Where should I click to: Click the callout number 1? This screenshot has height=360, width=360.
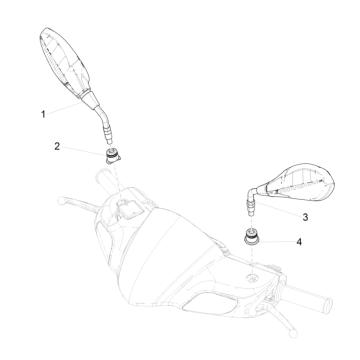pyautogui.click(x=43, y=115)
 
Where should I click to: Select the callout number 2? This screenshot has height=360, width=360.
pyautogui.click(x=57, y=146)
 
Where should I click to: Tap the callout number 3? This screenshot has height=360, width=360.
pyautogui.click(x=305, y=217)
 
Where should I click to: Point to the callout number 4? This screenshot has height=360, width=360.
pyautogui.click(x=299, y=242)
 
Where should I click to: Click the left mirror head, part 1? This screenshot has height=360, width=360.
pyautogui.click(x=64, y=61)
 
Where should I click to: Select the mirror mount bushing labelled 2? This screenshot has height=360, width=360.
pyautogui.click(x=114, y=156)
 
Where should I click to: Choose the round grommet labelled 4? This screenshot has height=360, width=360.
pyautogui.click(x=251, y=236)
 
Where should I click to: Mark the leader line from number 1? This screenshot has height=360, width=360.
pyautogui.click(x=64, y=108)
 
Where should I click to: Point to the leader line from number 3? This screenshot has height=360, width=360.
pyautogui.click(x=279, y=208)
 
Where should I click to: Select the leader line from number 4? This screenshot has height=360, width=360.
pyautogui.click(x=276, y=241)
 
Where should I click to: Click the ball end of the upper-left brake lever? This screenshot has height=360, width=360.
pyautogui.click(x=61, y=201)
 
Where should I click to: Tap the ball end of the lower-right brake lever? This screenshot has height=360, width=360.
pyautogui.click(x=293, y=333)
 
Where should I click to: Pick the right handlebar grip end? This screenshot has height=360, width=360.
pyautogui.click(x=328, y=304)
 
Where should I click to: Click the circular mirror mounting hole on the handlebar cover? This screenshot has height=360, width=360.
pyautogui.click(x=252, y=277)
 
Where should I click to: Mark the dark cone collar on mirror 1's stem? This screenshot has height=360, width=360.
pyautogui.click(x=90, y=99)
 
